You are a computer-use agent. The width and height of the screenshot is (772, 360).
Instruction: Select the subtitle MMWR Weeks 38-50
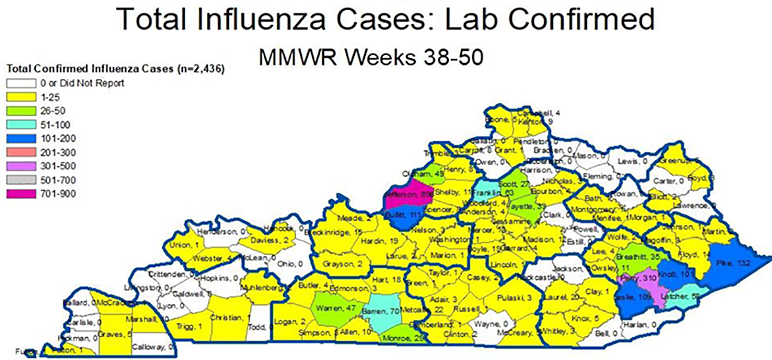tap(371, 57)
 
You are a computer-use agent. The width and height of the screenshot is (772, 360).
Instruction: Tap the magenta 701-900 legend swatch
tap(21, 194)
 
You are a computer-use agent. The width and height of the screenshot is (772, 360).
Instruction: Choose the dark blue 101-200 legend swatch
tap(21, 138)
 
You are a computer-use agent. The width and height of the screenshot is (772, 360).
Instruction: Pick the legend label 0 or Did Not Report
tap(82, 83)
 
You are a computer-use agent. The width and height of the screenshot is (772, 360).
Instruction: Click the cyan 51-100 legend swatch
tap(21, 125)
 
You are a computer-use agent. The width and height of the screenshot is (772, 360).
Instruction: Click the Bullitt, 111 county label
tap(404, 215)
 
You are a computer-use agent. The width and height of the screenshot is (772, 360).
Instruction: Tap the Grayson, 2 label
tap(343, 264)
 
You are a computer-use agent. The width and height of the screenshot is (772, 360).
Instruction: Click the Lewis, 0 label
tap(632, 161)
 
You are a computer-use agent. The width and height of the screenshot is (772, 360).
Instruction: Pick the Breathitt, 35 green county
tap(638, 257)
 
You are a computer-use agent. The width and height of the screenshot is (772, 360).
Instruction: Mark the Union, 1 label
tap(184, 245)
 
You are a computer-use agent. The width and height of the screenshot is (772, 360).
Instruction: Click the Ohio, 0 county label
tap(289, 264)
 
